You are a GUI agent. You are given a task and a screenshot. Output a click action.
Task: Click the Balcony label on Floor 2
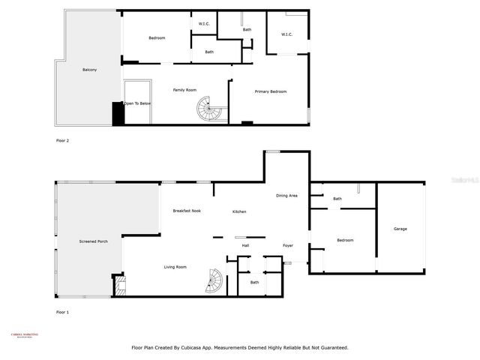point(89,70)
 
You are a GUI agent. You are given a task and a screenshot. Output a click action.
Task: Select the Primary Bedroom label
point(271,91)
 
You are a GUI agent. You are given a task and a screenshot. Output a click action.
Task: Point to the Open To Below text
point(138,103)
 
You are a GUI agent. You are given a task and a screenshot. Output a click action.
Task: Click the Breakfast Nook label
point(186,211)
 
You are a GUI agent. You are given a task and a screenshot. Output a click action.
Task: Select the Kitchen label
point(239,211)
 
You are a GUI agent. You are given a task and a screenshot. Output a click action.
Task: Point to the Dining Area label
point(286,196)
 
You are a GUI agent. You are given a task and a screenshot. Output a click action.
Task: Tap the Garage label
point(400,229)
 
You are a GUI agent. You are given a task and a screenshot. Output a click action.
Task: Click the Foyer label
point(288,245)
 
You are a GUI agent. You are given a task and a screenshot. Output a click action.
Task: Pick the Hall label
point(245,245)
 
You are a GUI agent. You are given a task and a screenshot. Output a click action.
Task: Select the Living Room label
point(175,267)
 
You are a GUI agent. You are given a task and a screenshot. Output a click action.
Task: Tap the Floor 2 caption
point(62,140)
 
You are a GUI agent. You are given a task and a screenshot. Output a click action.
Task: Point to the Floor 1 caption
point(62,311)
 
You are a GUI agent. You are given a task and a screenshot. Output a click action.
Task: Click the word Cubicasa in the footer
point(214,347)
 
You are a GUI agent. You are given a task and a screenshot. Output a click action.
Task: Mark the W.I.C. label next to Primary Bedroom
point(287,34)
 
